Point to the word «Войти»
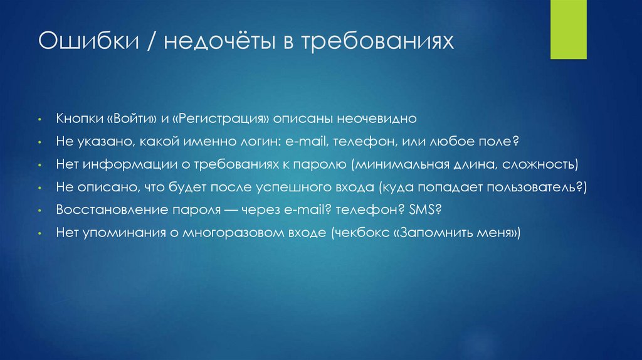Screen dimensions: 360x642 [129, 119]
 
